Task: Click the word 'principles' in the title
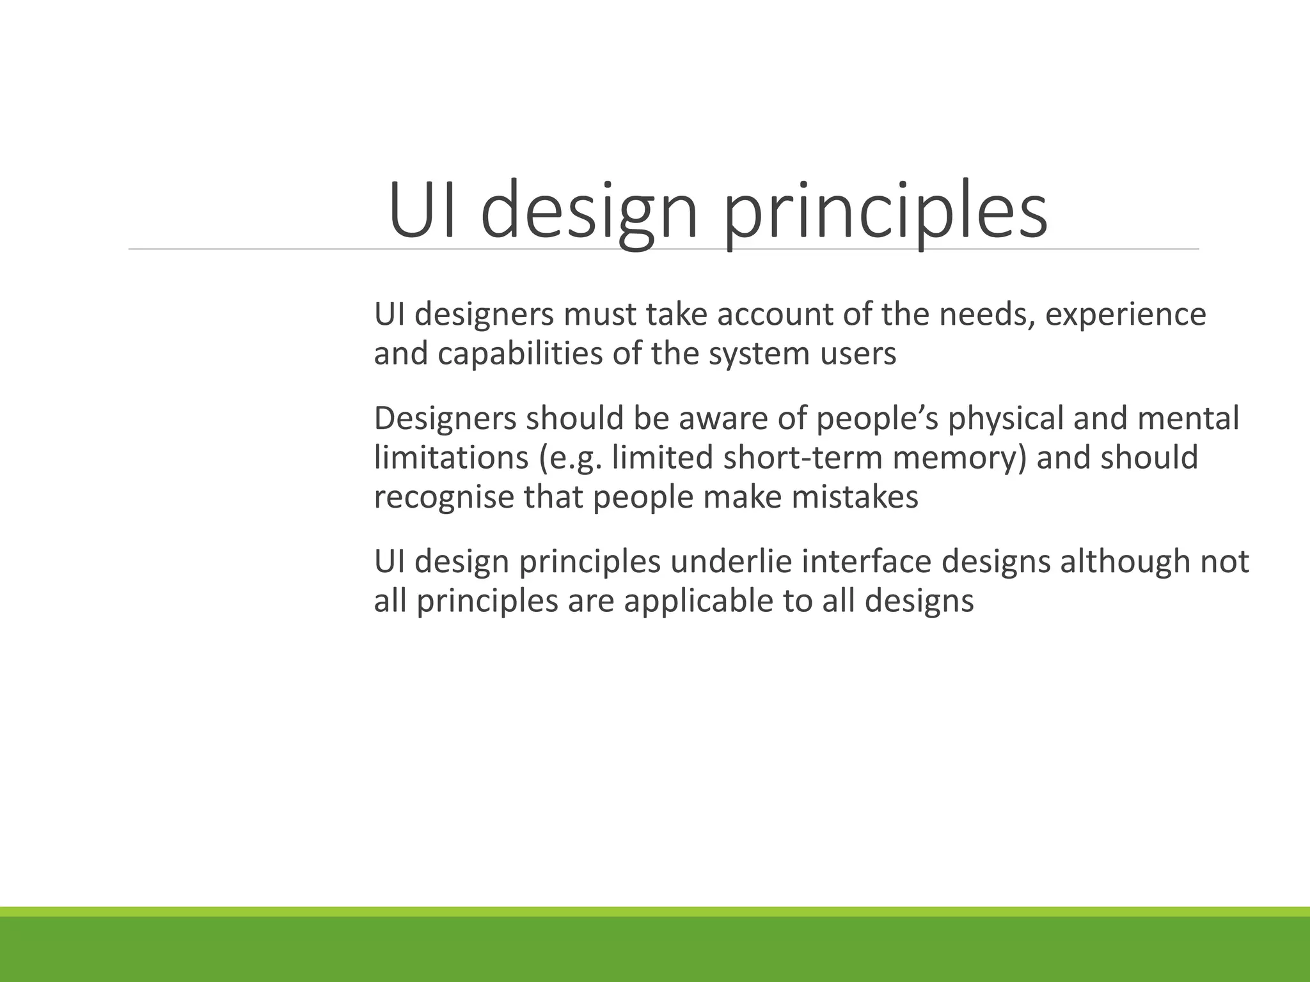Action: point(885,211)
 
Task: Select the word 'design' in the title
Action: point(588,211)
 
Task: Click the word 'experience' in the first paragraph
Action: point(1125,315)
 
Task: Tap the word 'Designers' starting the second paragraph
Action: point(445,419)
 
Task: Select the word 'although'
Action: point(1125,562)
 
